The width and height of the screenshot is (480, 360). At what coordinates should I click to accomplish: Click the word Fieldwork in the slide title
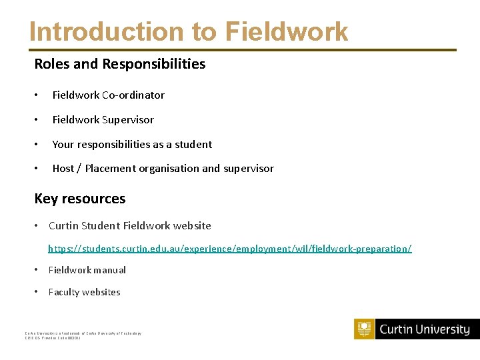tap(287, 31)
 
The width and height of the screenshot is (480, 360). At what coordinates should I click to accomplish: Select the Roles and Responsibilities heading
tap(120, 64)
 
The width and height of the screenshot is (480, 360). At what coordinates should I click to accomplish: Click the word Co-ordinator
tap(133, 95)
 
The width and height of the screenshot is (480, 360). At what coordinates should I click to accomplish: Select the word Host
tap(63, 168)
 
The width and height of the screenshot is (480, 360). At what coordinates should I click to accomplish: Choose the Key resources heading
tap(80, 199)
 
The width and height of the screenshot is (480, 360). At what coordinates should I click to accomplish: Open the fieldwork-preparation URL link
tap(229, 248)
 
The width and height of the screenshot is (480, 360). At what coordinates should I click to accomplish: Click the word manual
tap(111, 270)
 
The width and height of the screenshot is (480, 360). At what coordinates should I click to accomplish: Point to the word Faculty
tap(66, 292)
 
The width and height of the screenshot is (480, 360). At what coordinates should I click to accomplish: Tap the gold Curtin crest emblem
tap(365, 329)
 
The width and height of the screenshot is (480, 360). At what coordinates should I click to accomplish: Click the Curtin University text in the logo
tap(425, 329)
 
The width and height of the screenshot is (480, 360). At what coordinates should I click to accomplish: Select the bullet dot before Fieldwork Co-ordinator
tap(37, 95)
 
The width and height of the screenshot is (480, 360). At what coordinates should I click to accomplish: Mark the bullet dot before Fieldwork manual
tap(37, 270)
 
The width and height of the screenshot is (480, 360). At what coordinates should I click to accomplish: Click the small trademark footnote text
tap(83, 335)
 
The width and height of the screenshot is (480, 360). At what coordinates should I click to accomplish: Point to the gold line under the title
tap(243, 50)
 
